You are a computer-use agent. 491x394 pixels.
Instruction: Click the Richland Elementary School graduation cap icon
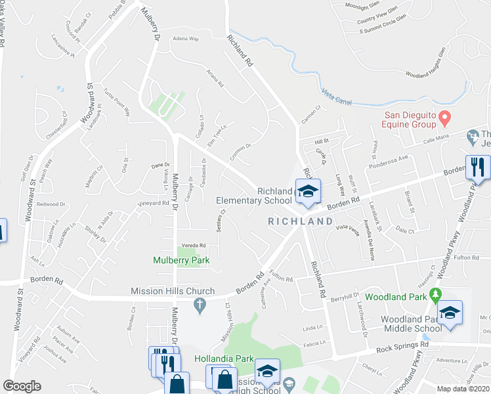pos(307,191)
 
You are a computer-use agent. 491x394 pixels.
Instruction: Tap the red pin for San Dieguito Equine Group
pos(444,118)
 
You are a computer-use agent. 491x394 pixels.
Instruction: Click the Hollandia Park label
pos(224,359)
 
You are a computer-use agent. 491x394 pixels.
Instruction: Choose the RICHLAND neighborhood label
pos(301,222)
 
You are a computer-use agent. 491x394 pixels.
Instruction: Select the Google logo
pos(22,386)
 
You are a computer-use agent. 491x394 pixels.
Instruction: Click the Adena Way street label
pos(185,39)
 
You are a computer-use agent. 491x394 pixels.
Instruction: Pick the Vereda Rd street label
pos(194,245)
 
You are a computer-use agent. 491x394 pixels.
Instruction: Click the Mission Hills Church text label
pos(173,291)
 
